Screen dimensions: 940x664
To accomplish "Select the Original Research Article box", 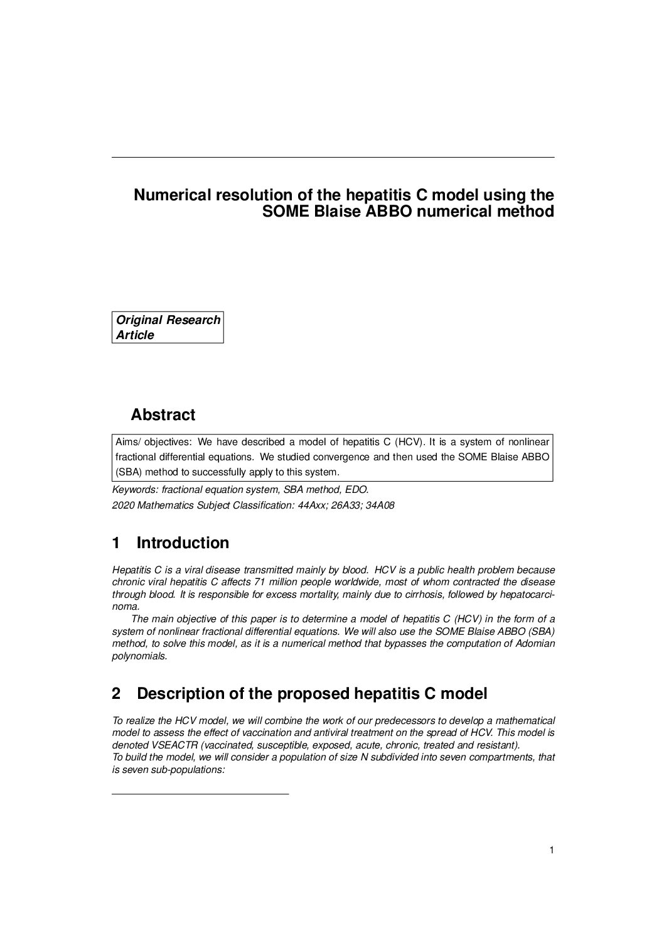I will (x=168, y=327).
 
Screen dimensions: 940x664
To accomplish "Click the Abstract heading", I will (x=163, y=415).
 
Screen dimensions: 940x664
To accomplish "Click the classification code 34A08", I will (x=380, y=505).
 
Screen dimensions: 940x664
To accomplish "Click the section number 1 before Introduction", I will (x=116, y=543).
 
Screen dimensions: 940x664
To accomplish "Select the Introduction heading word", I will (x=183, y=543).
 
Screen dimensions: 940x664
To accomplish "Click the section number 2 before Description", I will (x=116, y=694).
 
